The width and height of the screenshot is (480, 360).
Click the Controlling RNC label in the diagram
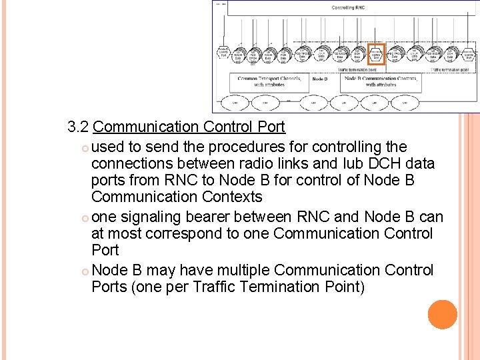pos(347,7)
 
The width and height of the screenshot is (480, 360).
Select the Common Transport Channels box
pos(269,81)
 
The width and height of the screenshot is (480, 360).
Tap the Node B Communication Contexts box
pos(381,81)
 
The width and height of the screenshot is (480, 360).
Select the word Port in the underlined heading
pos(269,127)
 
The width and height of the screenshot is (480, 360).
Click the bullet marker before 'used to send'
pos(85,147)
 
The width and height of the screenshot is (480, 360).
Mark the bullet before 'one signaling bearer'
pos(85,217)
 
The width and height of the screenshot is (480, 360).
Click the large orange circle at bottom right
pos(443,315)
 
